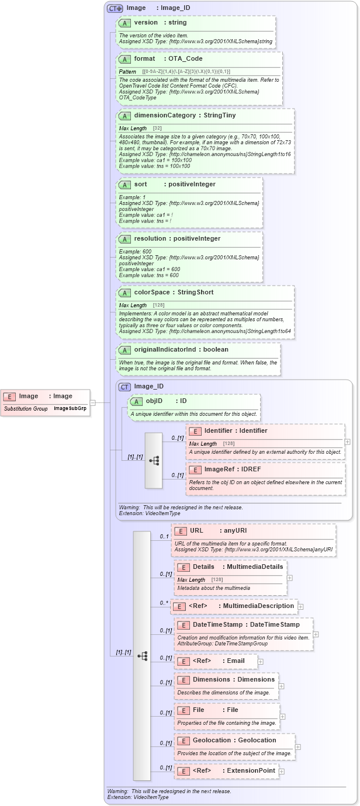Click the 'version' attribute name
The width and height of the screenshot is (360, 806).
point(146,23)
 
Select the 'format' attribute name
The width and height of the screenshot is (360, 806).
point(144,59)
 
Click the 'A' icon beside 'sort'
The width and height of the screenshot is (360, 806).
point(124,185)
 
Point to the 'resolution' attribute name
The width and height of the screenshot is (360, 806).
point(150,239)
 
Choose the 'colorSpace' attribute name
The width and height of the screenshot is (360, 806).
point(152,293)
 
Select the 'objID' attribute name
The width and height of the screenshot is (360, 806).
point(154,401)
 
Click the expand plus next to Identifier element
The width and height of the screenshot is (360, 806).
point(348,442)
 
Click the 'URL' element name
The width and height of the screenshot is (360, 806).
point(196,531)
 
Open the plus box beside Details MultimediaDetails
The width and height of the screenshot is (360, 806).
point(289,578)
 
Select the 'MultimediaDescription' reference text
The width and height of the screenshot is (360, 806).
point(258,606)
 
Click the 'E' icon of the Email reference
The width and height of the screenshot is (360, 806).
point(183,661)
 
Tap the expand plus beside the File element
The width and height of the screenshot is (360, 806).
point(282,716)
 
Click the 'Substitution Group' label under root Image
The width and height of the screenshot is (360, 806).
point(26,409)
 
